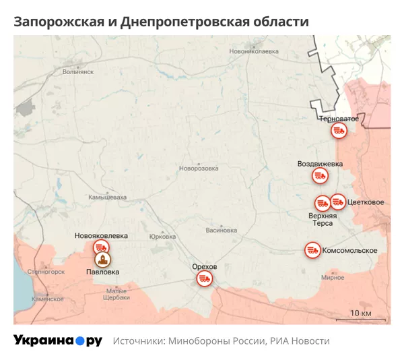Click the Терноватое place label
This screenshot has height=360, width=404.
[339, 119]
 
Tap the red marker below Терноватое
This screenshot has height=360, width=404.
[339, 131]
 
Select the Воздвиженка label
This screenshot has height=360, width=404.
[320, 164]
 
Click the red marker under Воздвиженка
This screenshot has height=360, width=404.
[320, 177]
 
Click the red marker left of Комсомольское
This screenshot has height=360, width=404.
[312, 250]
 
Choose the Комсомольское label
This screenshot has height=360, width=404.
[349, 251]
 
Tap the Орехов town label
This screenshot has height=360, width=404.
[205, 267]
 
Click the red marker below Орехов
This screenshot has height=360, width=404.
[205, 278]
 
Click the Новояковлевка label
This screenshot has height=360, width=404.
[101, 236]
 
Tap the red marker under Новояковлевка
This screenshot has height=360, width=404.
[101, 247]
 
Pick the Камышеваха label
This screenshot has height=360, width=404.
[108, 198]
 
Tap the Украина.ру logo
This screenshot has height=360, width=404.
[58, 341]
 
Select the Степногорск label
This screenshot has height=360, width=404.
[46, 272]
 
